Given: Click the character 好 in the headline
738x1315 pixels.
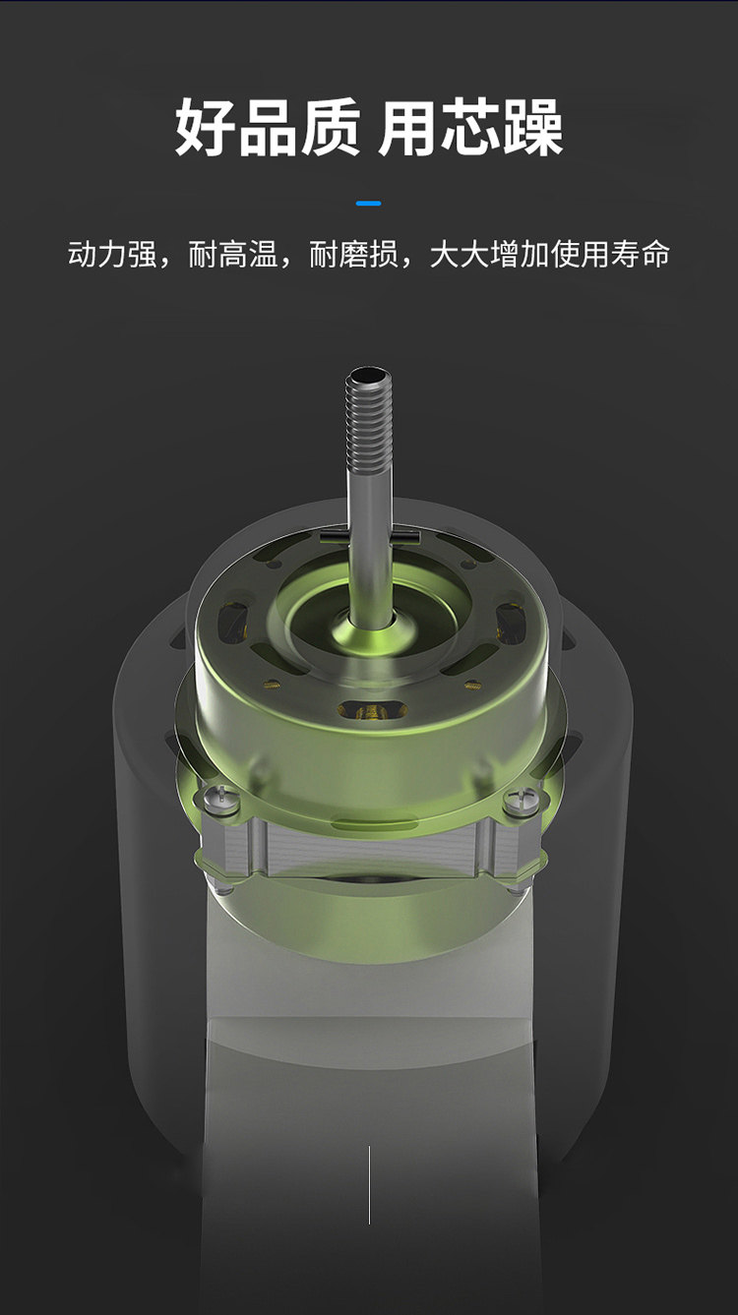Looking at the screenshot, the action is tap(206, 127).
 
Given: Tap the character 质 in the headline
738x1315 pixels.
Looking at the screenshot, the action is tap(331, 127).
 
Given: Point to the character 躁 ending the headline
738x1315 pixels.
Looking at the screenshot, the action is tap(533, 127).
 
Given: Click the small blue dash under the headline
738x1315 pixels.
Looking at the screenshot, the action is tap(369, 204).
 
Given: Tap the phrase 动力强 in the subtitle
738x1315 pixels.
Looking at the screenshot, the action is tap(112, 255).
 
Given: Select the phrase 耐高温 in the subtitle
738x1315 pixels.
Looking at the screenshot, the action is tap(233, 255).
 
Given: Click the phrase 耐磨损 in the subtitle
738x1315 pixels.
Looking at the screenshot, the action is tap(354, 255).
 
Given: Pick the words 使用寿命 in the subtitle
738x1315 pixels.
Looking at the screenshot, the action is tap(609, 255).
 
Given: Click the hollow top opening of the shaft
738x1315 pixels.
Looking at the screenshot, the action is tap(369, 374).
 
